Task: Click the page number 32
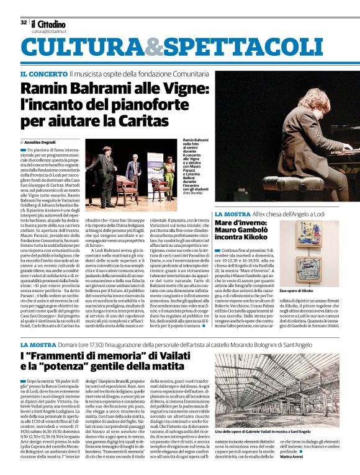pyautogui.click(x=24, y=22)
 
